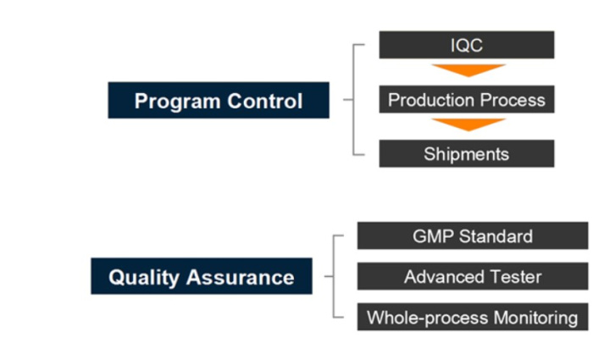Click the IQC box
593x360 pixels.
click(x=467, y=45)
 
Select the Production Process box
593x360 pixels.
click(x=467, y=99)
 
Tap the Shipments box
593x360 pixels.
click(x=467, y=153)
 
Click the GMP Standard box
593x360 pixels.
click(x=473, y=236)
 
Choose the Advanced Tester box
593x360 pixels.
click(x=473, y=276)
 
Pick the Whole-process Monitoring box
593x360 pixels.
click(x=473, y=317)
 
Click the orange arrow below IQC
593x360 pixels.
click(x=468, y=70)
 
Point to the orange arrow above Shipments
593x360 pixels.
click(x=468, y=125)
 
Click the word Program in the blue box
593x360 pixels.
click(x=177, y=102)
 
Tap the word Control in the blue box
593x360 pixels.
click(x=265, y=101)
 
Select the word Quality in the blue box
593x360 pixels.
click(x=144, y=278)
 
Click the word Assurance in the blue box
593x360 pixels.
click(x=240, y=277)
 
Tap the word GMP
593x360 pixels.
click(x=433, y=236)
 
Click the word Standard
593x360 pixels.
click(x=496, y=236)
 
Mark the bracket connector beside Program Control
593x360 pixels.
click(x=353, y=100)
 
